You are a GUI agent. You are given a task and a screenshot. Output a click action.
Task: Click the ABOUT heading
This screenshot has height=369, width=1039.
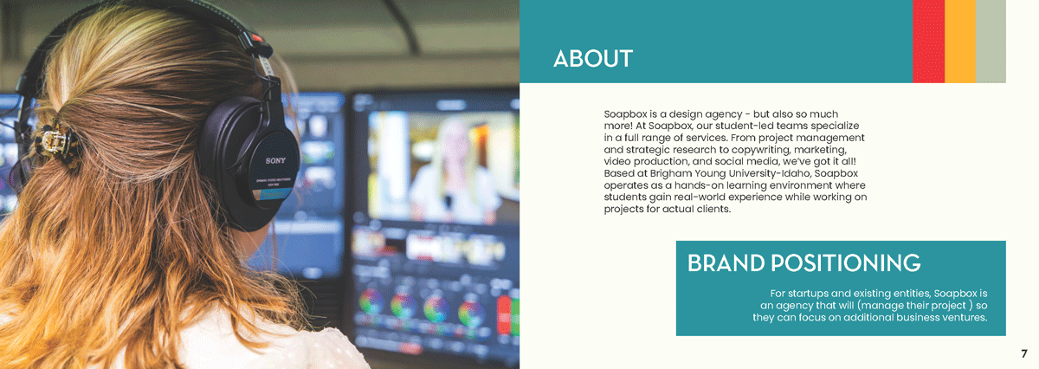tap(593, 59)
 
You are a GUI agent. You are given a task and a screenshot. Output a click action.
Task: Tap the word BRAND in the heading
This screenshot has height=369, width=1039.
tap(726, 262)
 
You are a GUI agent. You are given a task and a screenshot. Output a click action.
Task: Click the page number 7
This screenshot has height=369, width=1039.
tap(1024, 353)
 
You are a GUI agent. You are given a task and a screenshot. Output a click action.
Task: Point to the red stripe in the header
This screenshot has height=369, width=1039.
tap(928, 42)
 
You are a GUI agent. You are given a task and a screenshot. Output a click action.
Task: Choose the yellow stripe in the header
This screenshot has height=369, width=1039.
tap(960, 42)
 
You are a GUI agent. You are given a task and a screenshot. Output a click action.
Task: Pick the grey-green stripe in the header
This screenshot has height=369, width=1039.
tap(991, 42)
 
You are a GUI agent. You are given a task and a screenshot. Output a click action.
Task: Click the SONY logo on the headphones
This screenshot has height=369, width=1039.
tap(275, 160)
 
